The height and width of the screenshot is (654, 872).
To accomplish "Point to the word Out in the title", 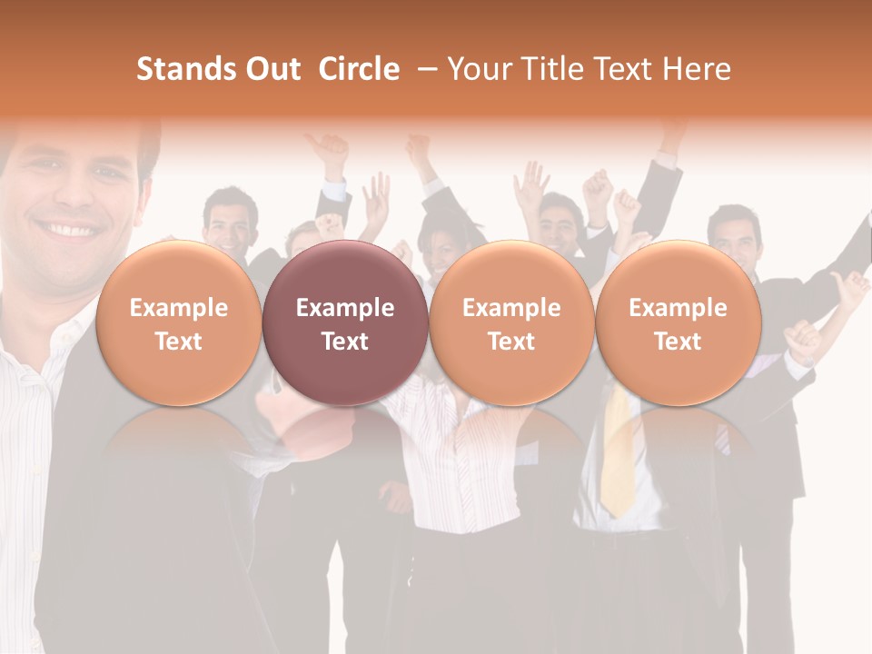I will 270,69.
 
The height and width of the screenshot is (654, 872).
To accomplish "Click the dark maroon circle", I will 345,322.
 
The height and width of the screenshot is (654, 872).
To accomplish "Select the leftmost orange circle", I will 179,322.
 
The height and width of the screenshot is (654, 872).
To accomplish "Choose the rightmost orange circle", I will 678,322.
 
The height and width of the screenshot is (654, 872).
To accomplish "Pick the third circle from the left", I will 511,322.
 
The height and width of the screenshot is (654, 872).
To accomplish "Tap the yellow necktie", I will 619,454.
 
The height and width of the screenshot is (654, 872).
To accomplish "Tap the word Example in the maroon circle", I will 345,308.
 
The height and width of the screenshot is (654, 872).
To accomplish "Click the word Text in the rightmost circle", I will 678,342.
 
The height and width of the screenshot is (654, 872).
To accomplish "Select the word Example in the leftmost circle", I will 179,308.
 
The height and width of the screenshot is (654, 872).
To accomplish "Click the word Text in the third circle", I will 511,342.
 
